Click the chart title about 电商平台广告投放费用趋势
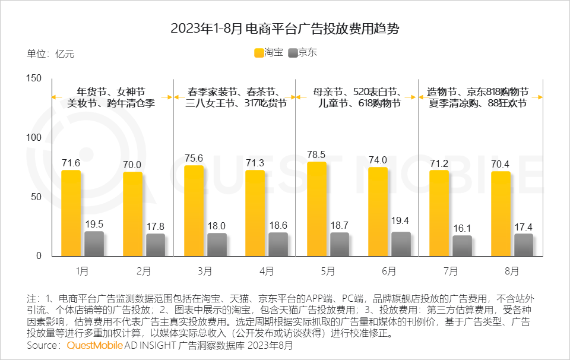click(285, 28)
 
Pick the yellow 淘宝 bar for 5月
click(316, 209)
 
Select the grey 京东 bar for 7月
click(462, 246)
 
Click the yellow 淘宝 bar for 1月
click(71, 213)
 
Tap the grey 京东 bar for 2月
click(156, 245)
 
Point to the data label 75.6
click(194, 159)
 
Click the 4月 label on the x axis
click(267, 271)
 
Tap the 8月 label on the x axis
click(512, 271)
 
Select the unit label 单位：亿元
click(50, 53)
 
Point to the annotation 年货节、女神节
click(111, 92)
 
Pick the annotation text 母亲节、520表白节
click(356, 92)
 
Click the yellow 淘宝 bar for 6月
click(378, 211)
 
